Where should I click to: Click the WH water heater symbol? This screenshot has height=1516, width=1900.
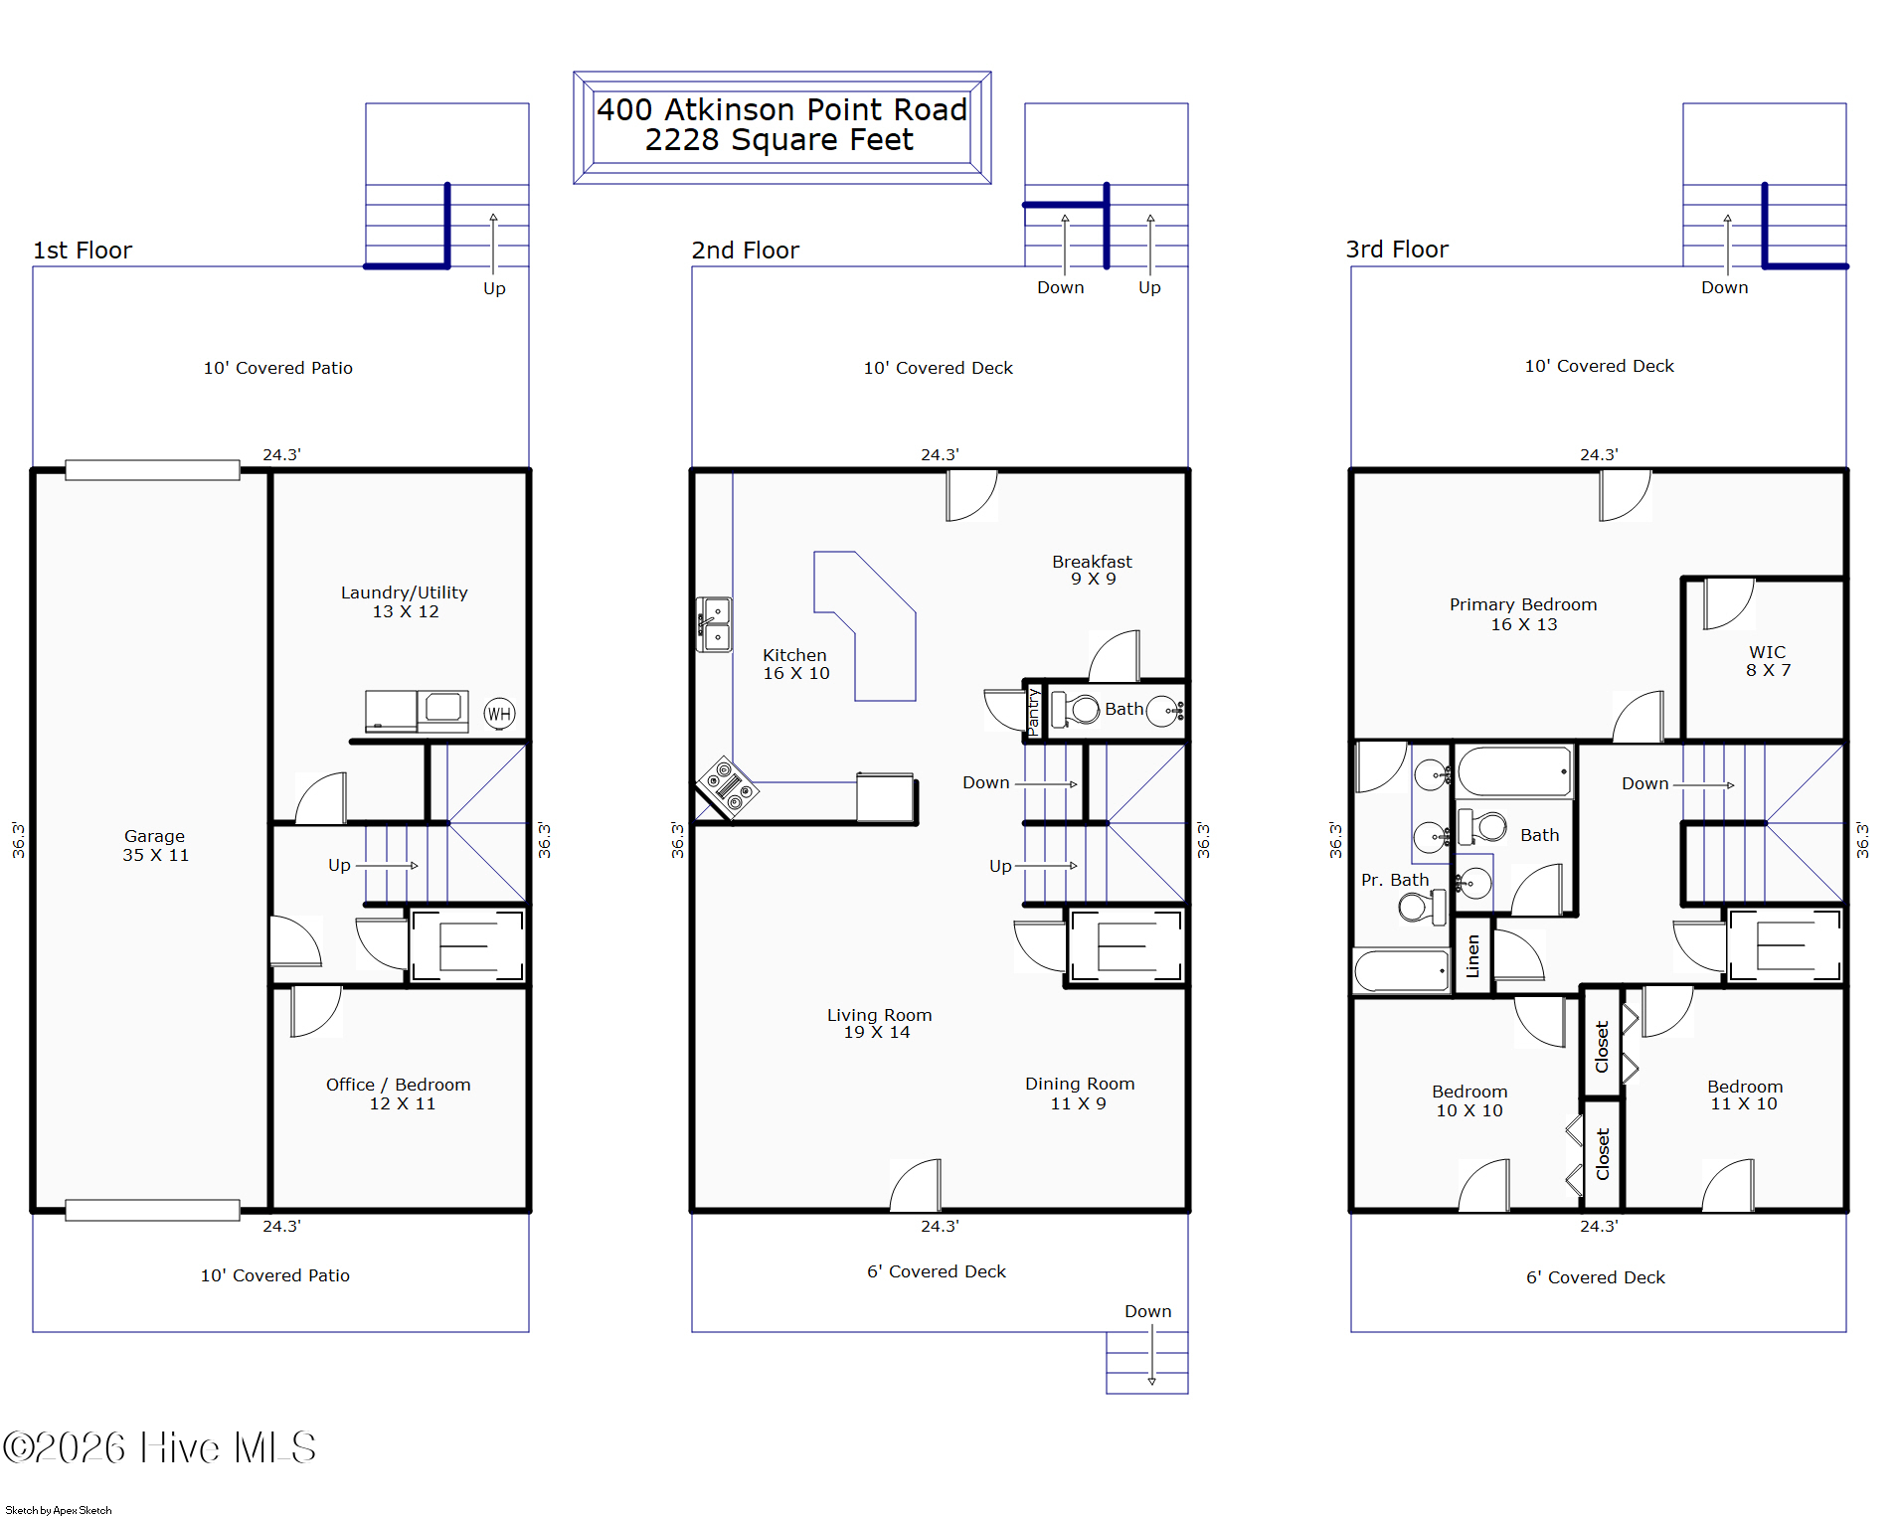coord(499,714)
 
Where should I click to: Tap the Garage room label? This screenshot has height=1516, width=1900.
coord(155,845)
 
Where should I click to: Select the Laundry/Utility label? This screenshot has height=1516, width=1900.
coord(405,601)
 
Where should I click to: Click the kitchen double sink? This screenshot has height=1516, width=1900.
coord(714,624)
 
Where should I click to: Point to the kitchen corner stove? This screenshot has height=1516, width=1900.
coord(728,787)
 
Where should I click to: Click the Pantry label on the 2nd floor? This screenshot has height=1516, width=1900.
coord(1033,711)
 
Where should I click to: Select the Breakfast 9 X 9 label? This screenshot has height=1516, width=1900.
coord(1093,570)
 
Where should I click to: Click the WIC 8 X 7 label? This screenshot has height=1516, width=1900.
coord(1768,661)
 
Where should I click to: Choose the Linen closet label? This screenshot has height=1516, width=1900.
coord(1472,956)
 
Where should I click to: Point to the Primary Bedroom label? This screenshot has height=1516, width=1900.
coord(1523,613)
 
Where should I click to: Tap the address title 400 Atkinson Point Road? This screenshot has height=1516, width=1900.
coord(781,109)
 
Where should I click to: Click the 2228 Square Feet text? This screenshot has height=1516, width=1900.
coord(778,140)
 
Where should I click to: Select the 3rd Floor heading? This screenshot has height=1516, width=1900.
coord(1397,250)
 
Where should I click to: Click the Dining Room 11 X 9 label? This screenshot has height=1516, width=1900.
coord(1080,1094)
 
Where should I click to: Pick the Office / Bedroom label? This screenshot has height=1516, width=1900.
coord(399,1094)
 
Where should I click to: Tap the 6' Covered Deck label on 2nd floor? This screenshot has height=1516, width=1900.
coord(937,1271)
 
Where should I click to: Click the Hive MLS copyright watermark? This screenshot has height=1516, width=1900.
coord(159,1447)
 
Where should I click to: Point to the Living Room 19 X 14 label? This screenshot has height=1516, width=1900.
coord(879,1023)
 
